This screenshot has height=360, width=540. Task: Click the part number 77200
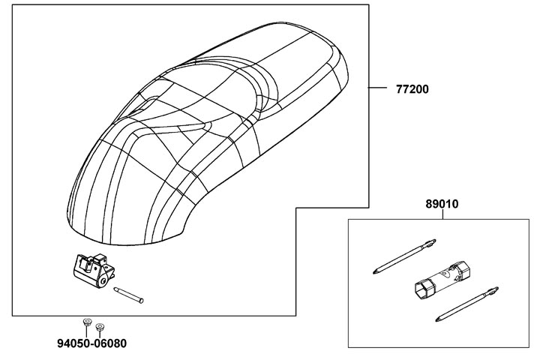[412, 88]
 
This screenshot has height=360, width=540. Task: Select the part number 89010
[442, 203]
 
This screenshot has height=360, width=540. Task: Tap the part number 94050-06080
[91, 344]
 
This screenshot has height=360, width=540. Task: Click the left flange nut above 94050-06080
[86, 322]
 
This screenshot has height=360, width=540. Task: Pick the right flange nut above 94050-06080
[100, 327]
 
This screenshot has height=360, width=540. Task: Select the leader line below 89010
[442, 214]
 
